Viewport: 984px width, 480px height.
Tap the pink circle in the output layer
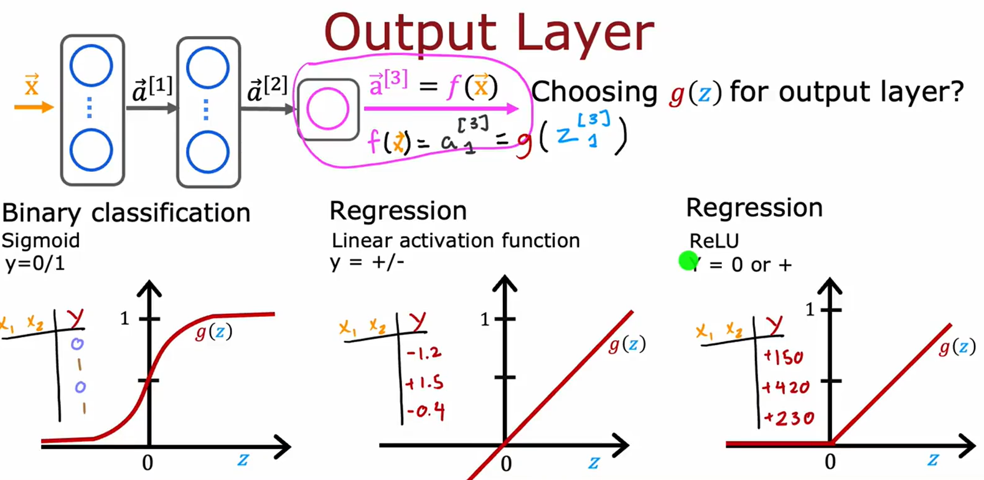pos(327,109)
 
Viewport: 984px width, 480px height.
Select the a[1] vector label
pos(152,89)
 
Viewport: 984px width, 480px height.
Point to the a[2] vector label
pos(267,89)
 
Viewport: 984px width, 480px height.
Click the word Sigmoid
pos(41,240)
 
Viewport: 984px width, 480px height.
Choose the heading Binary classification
pos(126,213)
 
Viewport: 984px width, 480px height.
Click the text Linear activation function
pos(456,240)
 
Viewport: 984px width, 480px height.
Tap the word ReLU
pos(714,241)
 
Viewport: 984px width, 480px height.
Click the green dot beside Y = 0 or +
pos(687,261)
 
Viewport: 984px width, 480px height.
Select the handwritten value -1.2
pos(424,353)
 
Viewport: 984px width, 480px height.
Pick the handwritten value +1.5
pos(424,383)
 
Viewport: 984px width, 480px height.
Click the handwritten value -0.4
pos(426,412)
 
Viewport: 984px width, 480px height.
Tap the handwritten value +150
pos(784,357)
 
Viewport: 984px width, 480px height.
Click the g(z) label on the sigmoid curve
pos(213,332)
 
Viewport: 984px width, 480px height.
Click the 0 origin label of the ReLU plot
pos(830,462)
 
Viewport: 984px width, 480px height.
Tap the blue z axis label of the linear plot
pos(594,462)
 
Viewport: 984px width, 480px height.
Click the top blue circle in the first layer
pos(91,65)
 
